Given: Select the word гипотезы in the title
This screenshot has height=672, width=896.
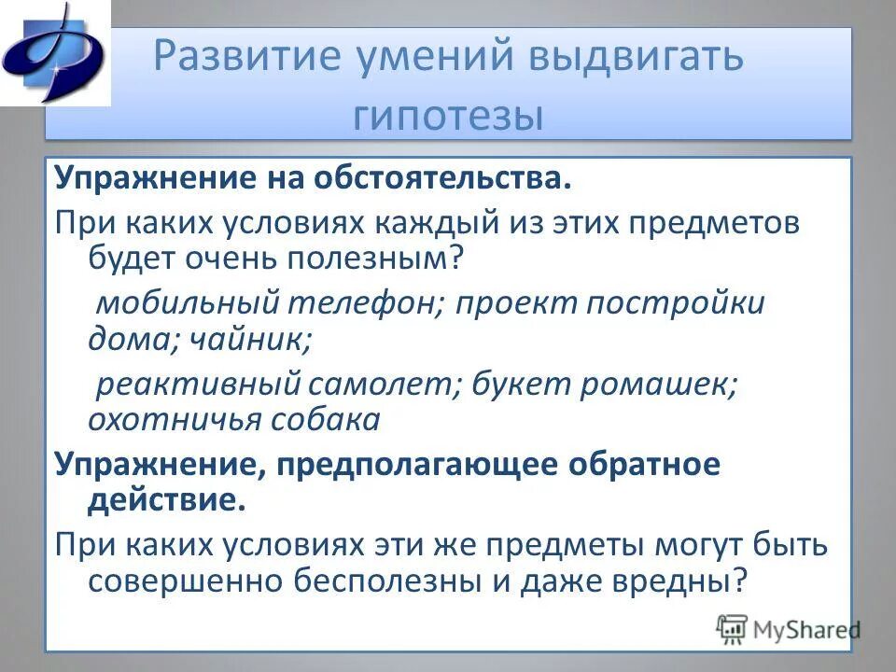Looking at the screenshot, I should (448, 116).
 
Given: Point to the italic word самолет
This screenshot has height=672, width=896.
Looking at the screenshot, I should (373, 385).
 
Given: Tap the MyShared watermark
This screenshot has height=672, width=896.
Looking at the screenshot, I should (789, 629).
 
